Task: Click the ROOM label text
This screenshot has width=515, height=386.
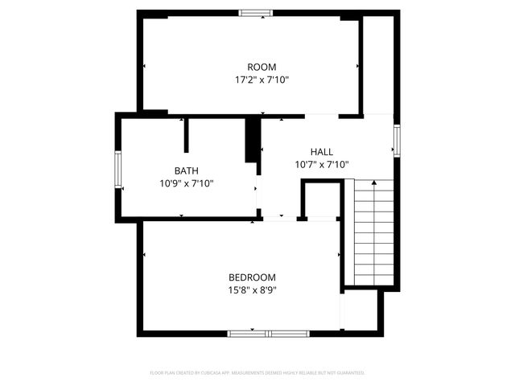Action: [262, 67]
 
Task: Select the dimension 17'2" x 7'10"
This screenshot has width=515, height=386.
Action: [262, 80]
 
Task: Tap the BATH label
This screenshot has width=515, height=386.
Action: [187, 170]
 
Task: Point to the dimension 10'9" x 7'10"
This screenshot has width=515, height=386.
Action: [187, 183]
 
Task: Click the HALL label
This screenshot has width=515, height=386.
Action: [322, 151]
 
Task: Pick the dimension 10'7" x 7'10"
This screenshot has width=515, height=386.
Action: [322, 164]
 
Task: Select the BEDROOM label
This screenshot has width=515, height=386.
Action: [252, 277]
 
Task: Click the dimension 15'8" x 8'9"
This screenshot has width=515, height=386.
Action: [252, 289]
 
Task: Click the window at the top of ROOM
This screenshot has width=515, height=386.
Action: [256, 13]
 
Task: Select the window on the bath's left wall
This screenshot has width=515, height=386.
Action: [117, 170]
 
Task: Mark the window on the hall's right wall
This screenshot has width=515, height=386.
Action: [396, 139]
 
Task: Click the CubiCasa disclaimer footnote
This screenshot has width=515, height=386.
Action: [257, 373]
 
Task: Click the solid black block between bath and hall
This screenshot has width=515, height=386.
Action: [252, 141]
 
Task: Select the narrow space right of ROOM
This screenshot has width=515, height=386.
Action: [378, 64]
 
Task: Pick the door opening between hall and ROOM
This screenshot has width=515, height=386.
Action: [322, 116]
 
